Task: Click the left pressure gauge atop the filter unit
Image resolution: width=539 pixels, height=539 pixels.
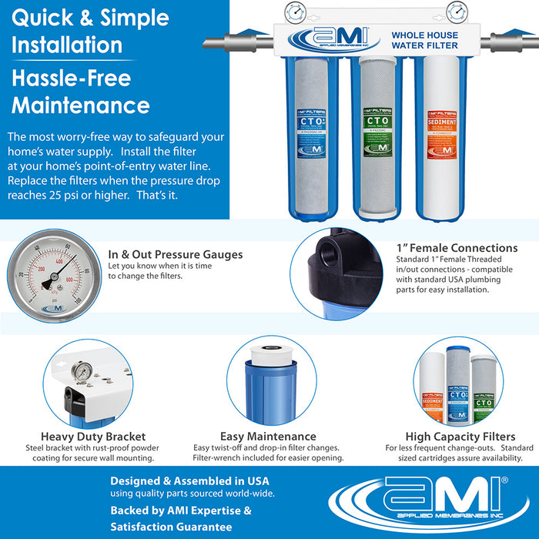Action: [293, 12]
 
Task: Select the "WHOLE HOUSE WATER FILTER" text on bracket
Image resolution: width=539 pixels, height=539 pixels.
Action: [424, 40]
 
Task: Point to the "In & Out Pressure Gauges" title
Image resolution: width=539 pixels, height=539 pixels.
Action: [176, 254]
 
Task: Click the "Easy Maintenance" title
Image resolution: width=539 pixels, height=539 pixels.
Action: [268, 437]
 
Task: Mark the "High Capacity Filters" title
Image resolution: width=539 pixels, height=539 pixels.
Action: [460, 437]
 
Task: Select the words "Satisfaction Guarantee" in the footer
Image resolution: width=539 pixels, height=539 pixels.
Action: [171, 527]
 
